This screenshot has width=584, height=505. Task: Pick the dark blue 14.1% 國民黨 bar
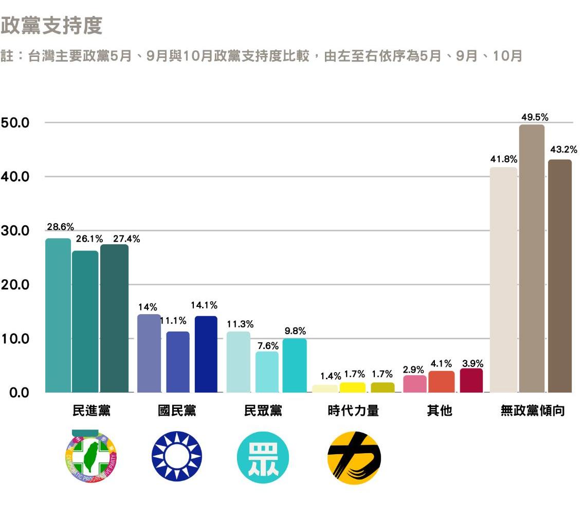(206, 354)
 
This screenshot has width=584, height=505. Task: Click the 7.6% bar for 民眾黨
(267, 372)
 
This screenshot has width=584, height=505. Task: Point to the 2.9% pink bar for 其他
(415, 384)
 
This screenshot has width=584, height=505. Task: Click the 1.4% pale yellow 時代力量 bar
(325, 389)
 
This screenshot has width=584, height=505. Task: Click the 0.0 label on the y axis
(15, 393)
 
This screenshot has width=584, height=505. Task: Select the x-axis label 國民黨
(177, 411)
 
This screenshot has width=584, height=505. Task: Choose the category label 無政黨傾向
(533, 411)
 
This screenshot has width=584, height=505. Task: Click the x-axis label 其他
(440, 411)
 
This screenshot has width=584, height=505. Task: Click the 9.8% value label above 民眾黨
(295, 331)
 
